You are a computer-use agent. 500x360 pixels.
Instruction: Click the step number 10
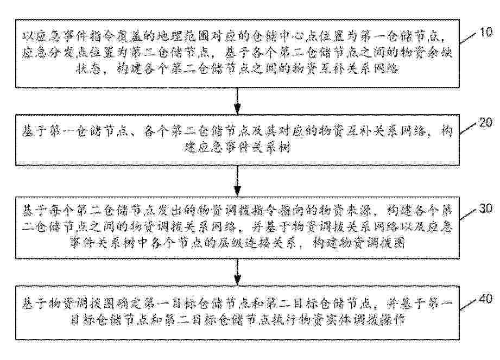point(486,32)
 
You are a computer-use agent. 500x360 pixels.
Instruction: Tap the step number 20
point(486,122)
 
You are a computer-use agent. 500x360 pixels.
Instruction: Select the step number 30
point(486,208)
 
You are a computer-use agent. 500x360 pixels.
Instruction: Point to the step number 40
point(486,299)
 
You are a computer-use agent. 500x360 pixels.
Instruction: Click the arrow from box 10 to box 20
point(237,101)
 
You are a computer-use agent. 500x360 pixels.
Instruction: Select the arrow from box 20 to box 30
point(237,181)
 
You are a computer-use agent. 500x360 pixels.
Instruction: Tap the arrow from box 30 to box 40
point(237,271)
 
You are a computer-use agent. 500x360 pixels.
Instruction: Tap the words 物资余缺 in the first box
point(426,53)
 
